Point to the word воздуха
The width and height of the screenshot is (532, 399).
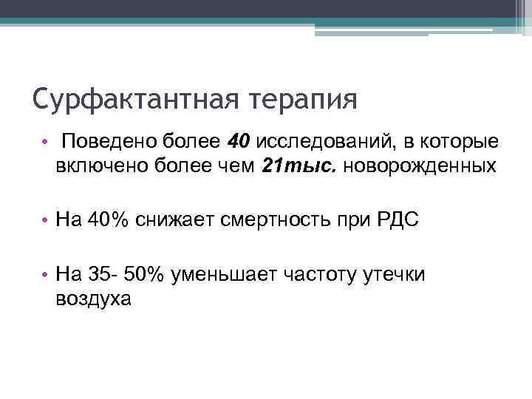point(92,299)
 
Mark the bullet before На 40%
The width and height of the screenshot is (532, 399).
point(46,220)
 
